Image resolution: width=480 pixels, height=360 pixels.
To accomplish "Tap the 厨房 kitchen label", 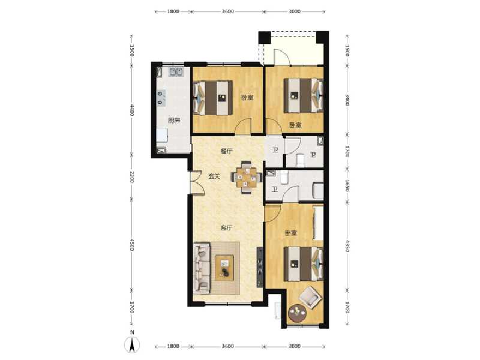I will (174, 120).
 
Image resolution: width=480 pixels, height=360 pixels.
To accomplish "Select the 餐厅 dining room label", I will (226, 151).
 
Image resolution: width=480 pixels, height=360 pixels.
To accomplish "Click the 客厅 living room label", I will (226, 228).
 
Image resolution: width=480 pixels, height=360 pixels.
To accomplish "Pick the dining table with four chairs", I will (248, 178).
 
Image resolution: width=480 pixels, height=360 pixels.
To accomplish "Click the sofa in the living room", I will (201, 267).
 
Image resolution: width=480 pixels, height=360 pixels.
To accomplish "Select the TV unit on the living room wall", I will (260, 267).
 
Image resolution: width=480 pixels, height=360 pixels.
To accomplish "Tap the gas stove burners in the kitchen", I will (161, 98).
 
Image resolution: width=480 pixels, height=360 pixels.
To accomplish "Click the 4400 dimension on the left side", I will (133, 111).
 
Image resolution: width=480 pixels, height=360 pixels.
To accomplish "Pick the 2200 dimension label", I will (133, 178).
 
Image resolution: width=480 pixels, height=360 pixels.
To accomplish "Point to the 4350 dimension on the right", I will (347, 246).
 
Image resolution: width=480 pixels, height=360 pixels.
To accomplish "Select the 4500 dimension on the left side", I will (133, 246).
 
